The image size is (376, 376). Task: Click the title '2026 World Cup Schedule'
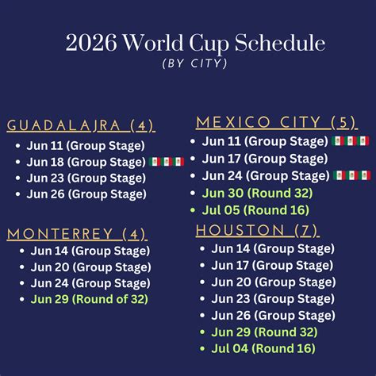195,43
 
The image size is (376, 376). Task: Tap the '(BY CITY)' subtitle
195,63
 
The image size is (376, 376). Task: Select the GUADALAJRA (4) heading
81,125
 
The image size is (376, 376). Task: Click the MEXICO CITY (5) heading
277,123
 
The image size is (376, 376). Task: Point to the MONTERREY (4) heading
77,234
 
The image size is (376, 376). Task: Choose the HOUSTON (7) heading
258,230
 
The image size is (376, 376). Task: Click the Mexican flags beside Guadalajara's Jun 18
167,162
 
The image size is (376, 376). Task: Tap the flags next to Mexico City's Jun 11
351,141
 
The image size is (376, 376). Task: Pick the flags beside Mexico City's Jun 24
352,175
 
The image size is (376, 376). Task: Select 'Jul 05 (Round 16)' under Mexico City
255,210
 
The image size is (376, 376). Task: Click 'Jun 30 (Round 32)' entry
257,193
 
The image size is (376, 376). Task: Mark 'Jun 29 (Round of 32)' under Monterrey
90,299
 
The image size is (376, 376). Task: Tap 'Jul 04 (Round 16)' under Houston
263,348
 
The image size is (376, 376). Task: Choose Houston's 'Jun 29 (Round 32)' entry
264,332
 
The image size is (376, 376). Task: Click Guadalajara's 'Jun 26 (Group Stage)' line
86,194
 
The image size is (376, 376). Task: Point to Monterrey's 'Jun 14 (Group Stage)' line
90,251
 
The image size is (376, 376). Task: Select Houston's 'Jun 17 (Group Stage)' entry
272,266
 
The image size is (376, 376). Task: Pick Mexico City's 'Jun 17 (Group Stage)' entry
265,159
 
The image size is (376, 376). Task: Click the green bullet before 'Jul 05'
193,210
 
